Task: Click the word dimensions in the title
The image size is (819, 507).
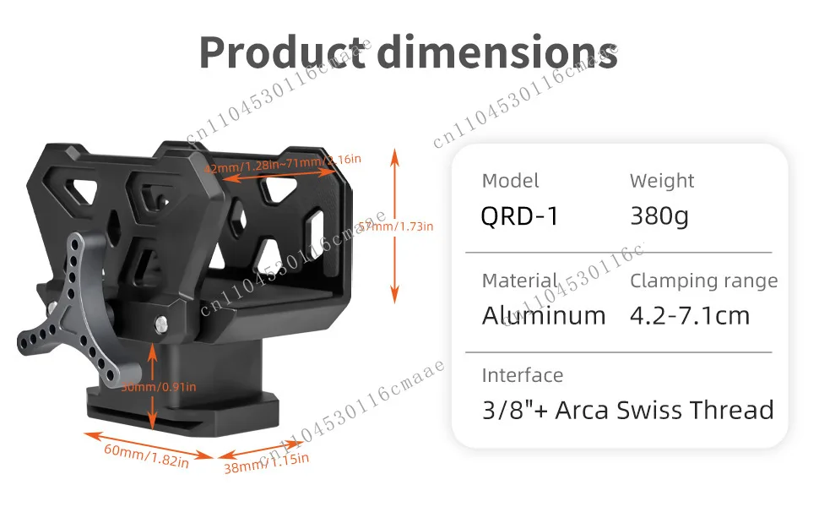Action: [x=497, y=52]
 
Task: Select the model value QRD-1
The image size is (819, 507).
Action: [x=519, y=216]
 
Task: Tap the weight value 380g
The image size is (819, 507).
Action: [x=659, y=216]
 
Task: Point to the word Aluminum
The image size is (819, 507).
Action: [x=544, y=316]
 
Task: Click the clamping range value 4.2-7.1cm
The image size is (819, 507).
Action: [x=690, y=316]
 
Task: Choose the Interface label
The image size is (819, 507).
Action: [x=522, y=375]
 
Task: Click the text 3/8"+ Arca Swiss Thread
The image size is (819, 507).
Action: [x=627, y=411]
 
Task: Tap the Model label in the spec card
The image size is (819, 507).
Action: [x=510, y=181]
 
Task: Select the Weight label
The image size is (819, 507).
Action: [x=662, y=181]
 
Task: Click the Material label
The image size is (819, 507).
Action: [x=519, y=281]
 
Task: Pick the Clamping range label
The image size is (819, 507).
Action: [x=703, y=281]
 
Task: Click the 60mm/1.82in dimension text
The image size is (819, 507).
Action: [x=146, y=454]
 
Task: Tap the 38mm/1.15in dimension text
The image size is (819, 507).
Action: [x=266, y=461]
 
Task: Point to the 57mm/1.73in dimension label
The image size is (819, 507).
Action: [x=397, y=226]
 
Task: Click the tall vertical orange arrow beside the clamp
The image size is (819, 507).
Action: [x=393, y=224]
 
